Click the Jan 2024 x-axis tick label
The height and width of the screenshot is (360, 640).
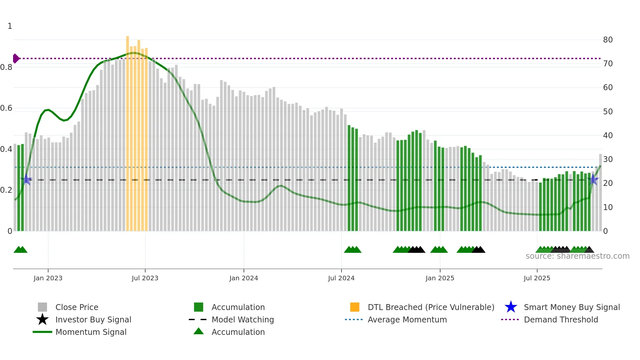click(x=244, y=278)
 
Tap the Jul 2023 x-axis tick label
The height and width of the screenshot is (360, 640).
click(x=145, y=278)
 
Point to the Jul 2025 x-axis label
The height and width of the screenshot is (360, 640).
click(x=537, y=278)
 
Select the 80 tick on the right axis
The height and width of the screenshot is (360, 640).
click(x=608, y=40)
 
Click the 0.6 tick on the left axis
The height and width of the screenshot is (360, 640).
click(x=6, y=108)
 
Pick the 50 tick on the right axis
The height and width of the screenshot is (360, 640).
click(x=608, y=112)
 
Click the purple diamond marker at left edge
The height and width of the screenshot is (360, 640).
click(x=16, y=58)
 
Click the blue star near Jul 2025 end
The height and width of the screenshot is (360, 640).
click(x=593, y=180)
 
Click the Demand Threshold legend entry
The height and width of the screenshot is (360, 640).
click(x=561, y=319)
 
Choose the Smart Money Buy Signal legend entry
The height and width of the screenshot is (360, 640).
click(x=571, y=307)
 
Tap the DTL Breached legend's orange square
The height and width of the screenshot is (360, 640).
click(x=355, y=307)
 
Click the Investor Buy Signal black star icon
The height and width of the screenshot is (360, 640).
click(x=42, y=319)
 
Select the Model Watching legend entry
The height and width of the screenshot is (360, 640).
click(x=242, y=319)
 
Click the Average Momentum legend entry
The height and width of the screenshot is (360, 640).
click(x=407, y=319)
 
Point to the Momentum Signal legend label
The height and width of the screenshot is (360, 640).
click(x=91, y=332)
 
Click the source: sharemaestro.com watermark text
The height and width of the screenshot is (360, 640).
click(x=577, y=256)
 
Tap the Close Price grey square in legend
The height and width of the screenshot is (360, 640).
click(x=42, y=307)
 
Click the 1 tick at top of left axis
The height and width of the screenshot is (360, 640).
click(x=10, y=26)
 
